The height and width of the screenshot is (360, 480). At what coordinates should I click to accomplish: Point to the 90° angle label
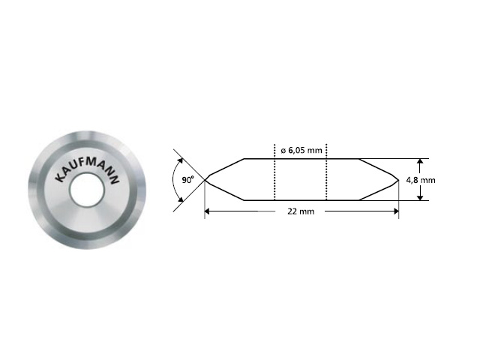[187, 180]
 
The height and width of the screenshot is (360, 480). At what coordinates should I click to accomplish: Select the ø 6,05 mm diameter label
[301, 150]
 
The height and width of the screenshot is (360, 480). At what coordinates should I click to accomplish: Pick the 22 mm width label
[300, 212]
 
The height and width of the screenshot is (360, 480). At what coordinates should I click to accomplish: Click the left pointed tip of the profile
[205, 179]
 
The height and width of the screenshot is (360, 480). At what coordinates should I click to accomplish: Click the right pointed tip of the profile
[397, 179]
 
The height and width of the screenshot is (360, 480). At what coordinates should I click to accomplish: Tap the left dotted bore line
[275, 179]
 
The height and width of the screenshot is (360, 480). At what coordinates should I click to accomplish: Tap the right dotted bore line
[326, 179]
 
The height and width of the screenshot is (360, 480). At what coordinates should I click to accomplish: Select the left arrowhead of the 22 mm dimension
[208, 212]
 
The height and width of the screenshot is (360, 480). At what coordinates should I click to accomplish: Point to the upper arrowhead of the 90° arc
[180, 160]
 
